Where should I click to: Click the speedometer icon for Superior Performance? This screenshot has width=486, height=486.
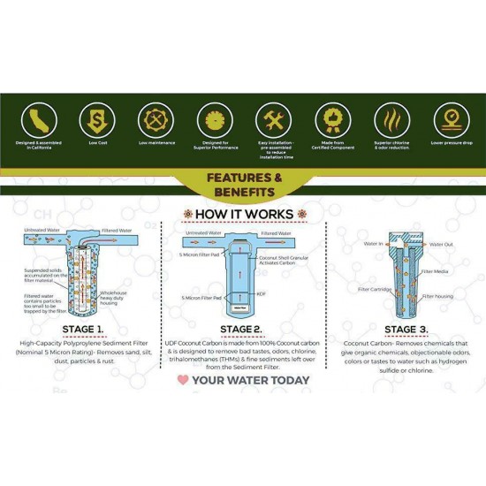tap(212, 119)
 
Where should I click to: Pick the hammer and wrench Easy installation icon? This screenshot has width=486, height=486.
tap(272, 119)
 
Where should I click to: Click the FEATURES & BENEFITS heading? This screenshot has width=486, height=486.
tap(242, 184)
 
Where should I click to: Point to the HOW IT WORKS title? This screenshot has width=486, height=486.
tap(243, 215)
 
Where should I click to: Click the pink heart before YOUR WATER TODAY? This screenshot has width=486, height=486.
tap(183, 381)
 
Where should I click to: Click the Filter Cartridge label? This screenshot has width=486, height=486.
tap(375, 288)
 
